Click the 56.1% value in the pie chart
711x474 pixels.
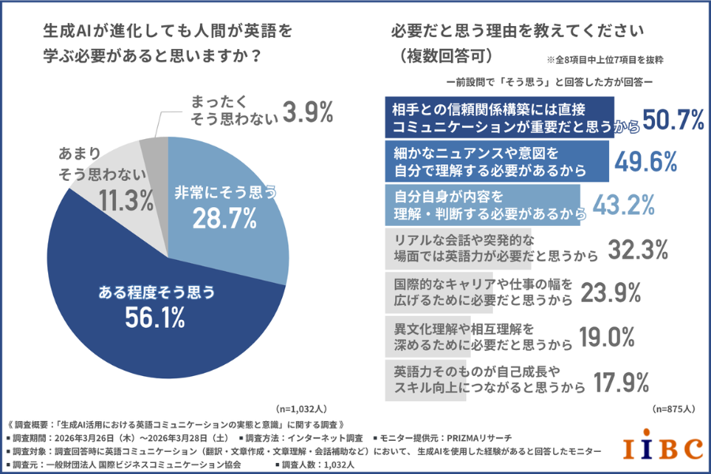click(155, 318)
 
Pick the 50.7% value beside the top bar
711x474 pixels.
click(673, 119)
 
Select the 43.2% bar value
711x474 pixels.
click(623, 204)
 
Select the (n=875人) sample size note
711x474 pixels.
click(674, 409)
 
